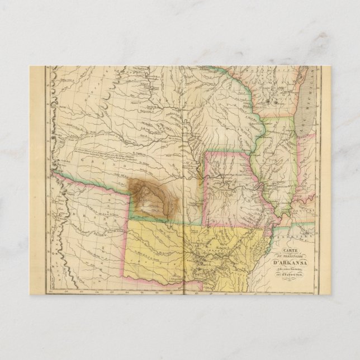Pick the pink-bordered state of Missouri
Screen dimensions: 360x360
click(x=232, y=190)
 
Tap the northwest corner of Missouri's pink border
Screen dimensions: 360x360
click(x=205, y=152)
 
